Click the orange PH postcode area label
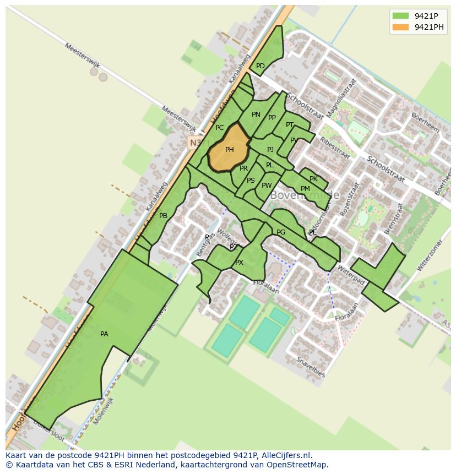[x=229, y=149]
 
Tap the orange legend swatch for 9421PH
[x=400, y=27]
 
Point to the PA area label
[x=104, y=334]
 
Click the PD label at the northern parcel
[x=260, y=66]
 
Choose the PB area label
[x=163, y=216]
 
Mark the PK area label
[x=313, y=179]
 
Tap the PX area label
[x=239, y=263]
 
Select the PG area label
[x=281, y=232]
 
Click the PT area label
[x=290, y=125]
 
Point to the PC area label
[x=219, y=128]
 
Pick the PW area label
[x=267, y=186]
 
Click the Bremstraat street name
[x=393, y=219]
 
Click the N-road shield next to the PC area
[x=194, y=143]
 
